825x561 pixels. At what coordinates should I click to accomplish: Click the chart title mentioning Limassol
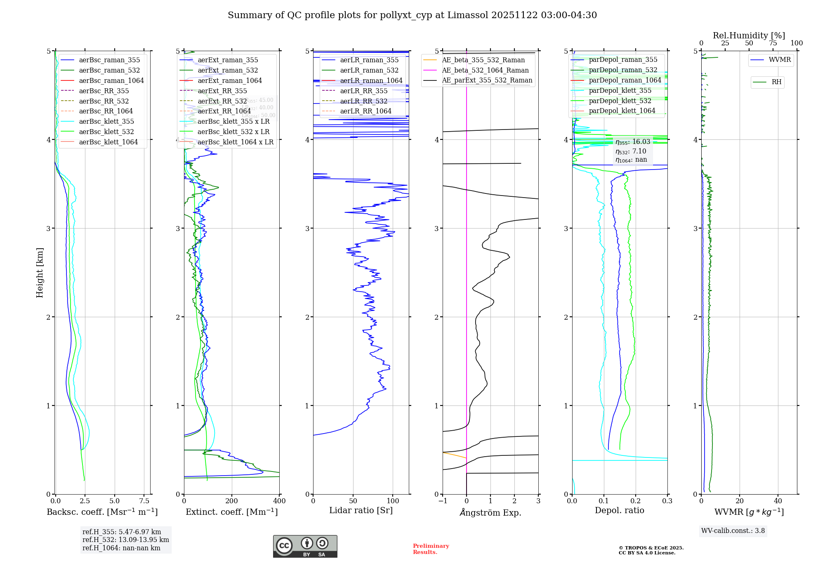[412, 15]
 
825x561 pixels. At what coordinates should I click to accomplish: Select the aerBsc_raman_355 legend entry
[109, 60]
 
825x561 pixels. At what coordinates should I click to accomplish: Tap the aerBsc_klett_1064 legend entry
[108, 142]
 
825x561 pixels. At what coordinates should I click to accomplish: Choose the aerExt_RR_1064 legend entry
[224, 111]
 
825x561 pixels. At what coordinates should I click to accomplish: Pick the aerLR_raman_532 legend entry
[369, 71]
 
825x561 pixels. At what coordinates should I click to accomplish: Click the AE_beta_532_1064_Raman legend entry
[485, 71]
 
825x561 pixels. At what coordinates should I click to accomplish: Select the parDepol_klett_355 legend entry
[620, 91]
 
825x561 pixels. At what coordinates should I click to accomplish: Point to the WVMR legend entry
[779, 60]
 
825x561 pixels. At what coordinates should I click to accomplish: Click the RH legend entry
[776, 82]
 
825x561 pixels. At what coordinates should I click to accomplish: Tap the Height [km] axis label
[40, 273]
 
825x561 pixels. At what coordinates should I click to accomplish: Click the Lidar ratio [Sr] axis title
[361, 510]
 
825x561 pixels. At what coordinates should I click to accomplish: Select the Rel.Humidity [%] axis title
[749, 35]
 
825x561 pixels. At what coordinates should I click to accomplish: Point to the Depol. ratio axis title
[619, 510]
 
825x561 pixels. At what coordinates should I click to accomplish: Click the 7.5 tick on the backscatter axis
[144, 501]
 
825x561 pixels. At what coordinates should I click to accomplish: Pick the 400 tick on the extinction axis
[279, 501]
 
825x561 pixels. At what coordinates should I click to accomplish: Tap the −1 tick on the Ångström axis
[442, 501]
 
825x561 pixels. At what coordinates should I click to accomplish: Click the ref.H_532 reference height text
[125, 540]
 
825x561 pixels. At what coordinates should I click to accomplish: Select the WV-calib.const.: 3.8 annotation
[733, 531]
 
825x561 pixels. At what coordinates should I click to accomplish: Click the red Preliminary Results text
[431, 549]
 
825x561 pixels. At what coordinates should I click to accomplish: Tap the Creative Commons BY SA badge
[305, 547]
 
